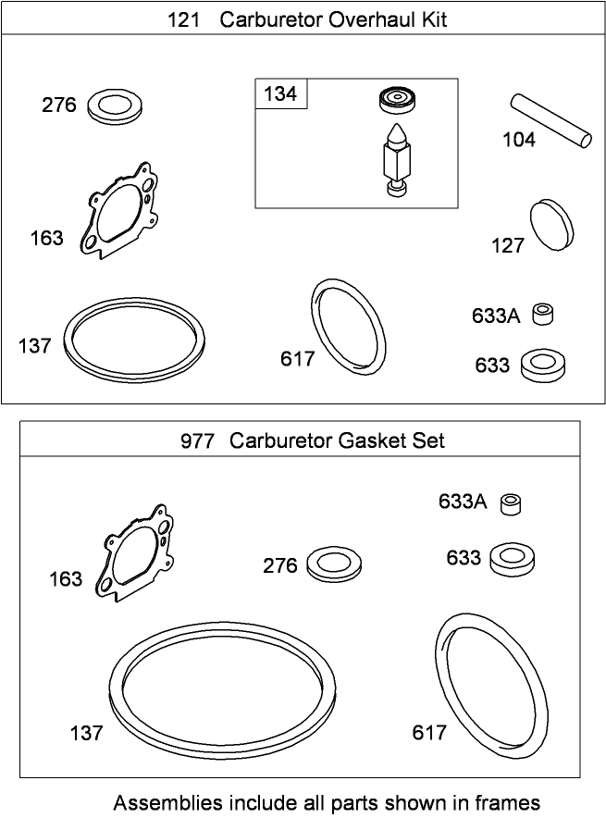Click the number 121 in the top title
[184, 19]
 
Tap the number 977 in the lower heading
[198, 440]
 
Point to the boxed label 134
[281, 94]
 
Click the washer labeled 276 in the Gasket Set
[333, 564]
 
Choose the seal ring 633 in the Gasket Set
[512, 559]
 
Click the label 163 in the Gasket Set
[66, 579]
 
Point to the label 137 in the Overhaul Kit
[34, 346]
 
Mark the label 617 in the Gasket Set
[429, 733]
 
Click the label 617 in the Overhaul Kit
[298, 359]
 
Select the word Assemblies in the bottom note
[167, 801]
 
